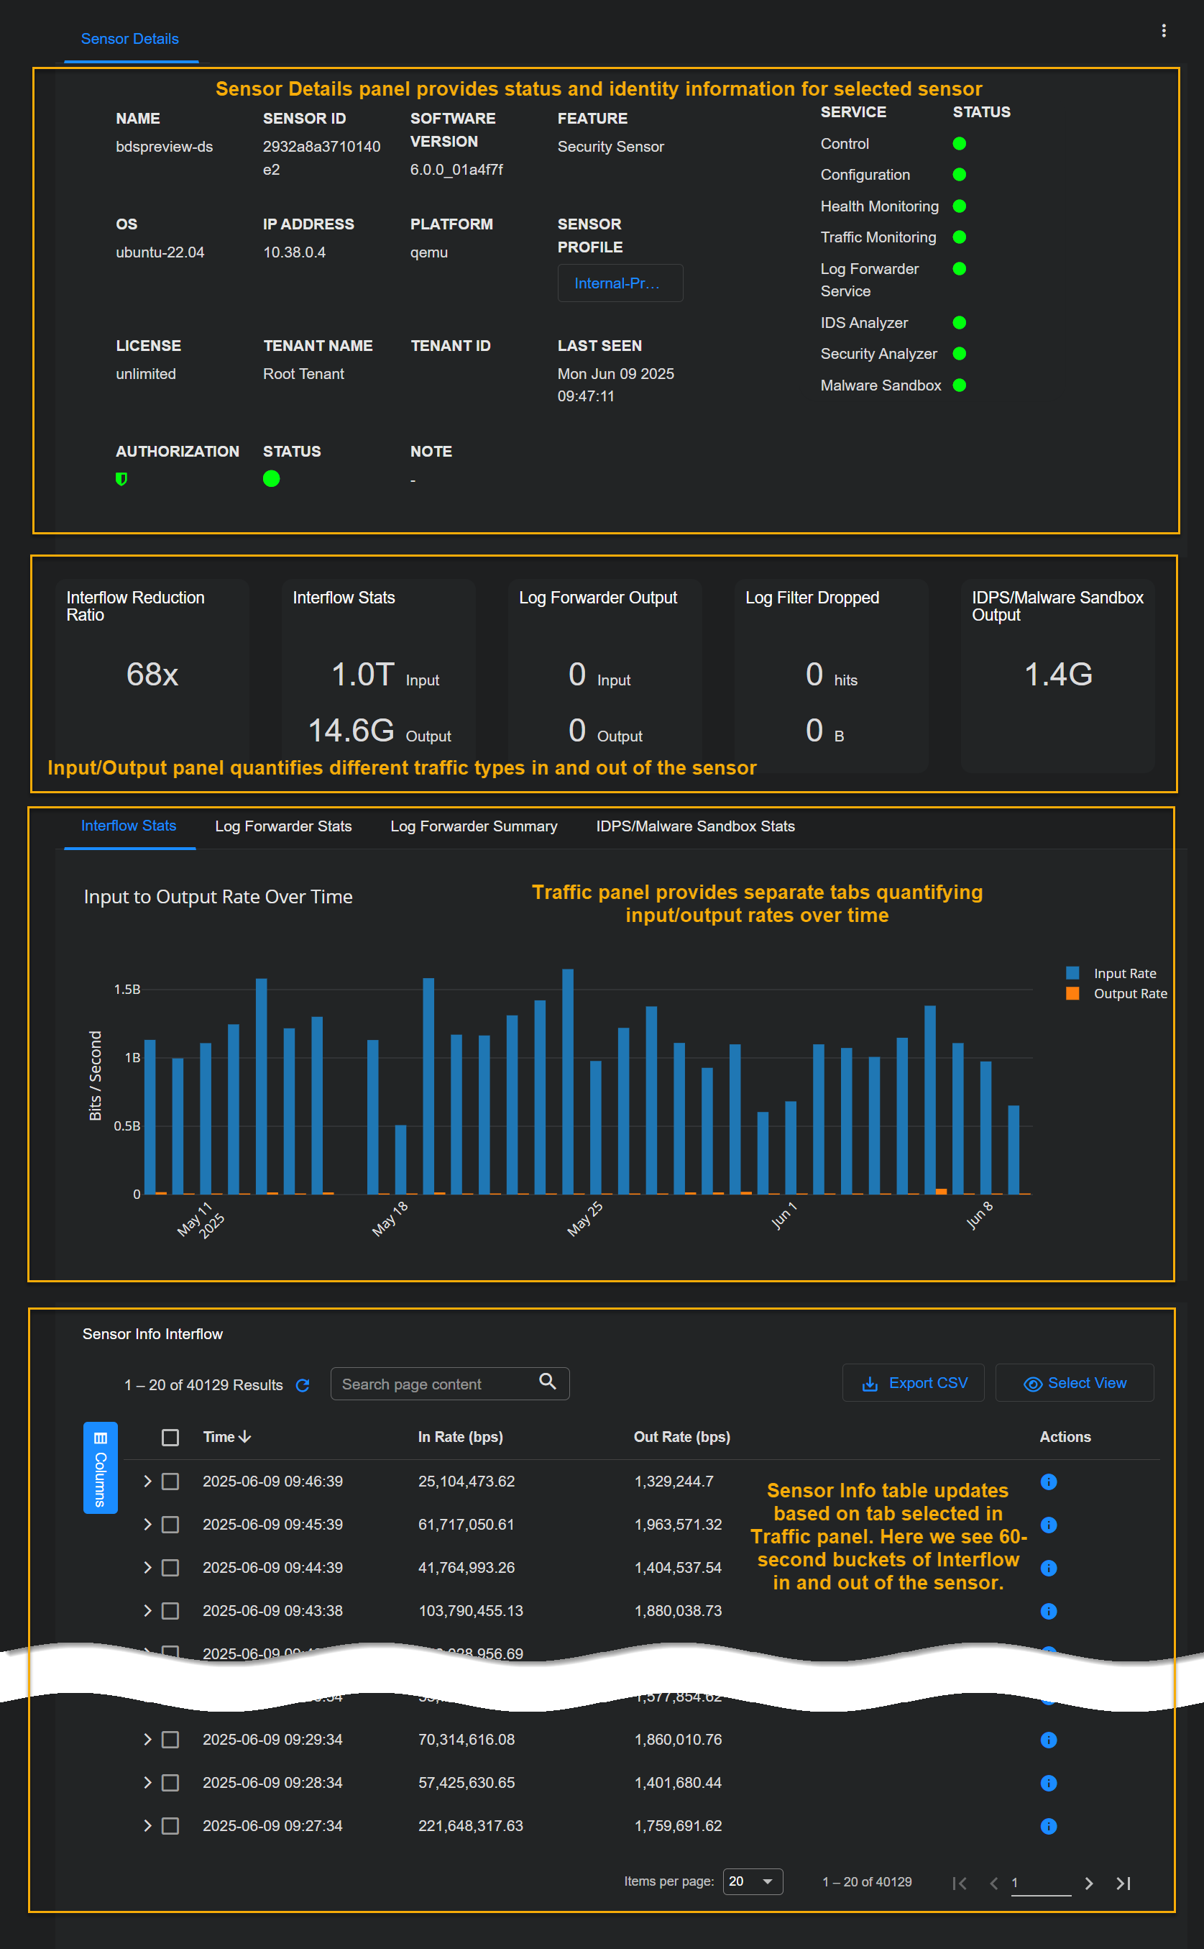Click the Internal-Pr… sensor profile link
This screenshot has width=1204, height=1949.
pyautogui.click(x=619, y=283)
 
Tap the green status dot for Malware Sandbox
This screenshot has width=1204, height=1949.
pyautogui.click(x=960, y=385)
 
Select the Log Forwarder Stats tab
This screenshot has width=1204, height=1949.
pyautogui.click(x=282, y=826)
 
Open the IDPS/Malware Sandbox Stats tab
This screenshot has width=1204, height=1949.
pyautogui.click(x=694, y=826)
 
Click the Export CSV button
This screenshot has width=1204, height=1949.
pyautogui.click(x=914, y=1383)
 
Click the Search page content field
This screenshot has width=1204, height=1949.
pyautogui.click(x=438, y=1384)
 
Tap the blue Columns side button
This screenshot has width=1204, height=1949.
pyautogui.click(x=101, y=1467)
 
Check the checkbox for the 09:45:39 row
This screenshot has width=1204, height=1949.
pyautogui.click(x=170, y=1525)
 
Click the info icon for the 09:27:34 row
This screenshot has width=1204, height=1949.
pyautogui.click(x=1048, y=1825)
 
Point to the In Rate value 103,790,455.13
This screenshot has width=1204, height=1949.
pyautogui.click(x=471, y=1610)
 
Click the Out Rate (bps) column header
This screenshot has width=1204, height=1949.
pyautogui.click(x=681, y=1437)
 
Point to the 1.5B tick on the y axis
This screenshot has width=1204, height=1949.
pyautogui.click(x=127, y=989)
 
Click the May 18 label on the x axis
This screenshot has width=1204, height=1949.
pyautogui.click(x=390, y=1218)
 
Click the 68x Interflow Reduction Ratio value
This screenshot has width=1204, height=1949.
pyautogui.click(x=152, y=675)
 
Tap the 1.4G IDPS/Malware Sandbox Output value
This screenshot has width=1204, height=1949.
pyautogui.click(x=1057, y=675)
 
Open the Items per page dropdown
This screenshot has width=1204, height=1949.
pyautogui.click(x=752, y=1881)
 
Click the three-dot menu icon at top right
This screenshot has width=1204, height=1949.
pyautogui.click(x=1164, y=30)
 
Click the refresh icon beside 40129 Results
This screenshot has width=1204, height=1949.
pyautogui.click(x=303, y=1385)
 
